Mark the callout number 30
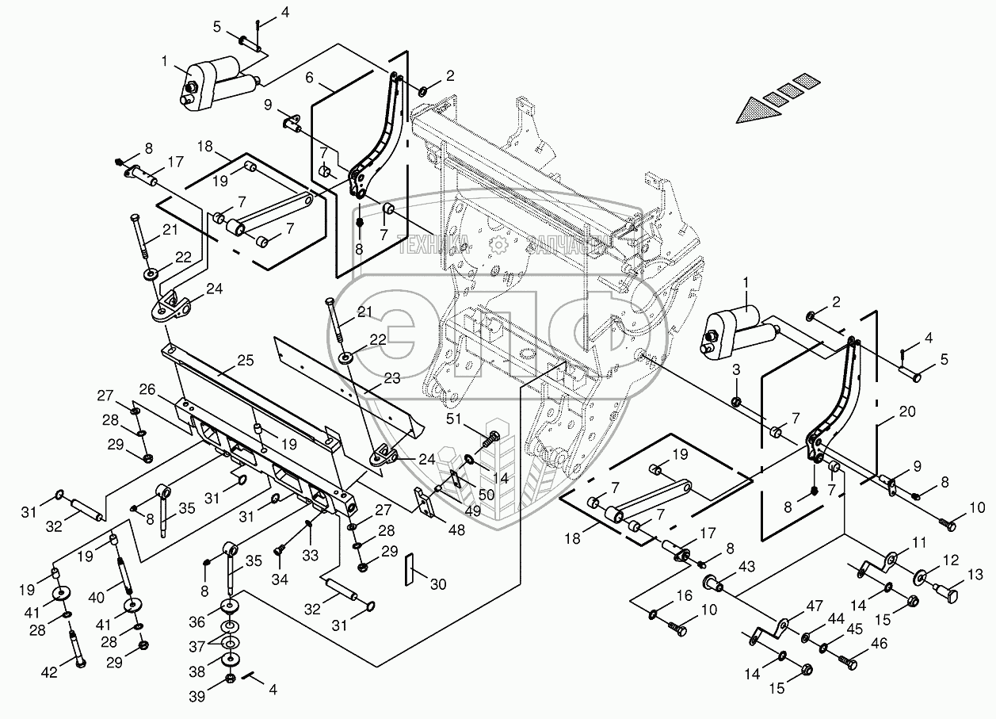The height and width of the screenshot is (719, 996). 438,584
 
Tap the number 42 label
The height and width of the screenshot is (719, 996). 49,673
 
